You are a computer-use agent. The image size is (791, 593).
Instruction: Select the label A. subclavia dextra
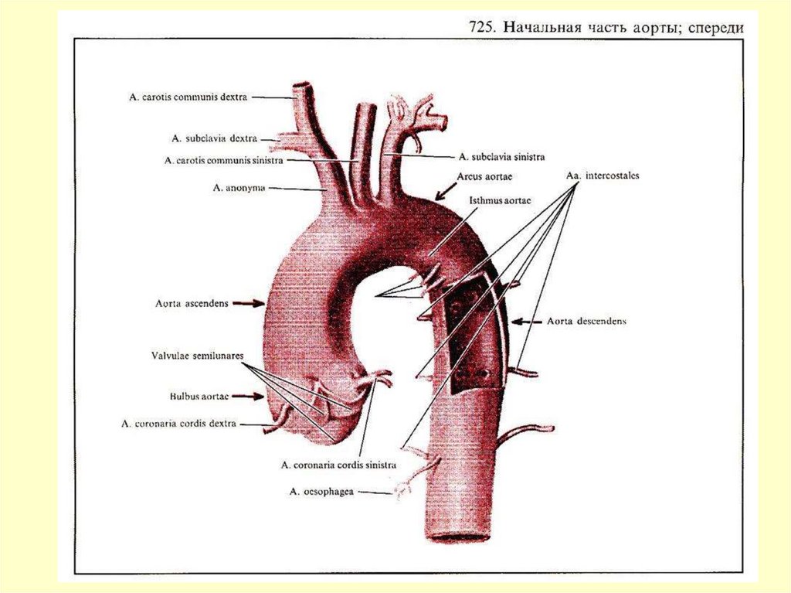pos(215,139)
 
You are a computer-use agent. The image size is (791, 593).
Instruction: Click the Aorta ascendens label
pos(191,304)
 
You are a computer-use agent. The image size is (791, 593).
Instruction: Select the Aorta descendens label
pos(586,321)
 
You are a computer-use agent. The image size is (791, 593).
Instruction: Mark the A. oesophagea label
pos(321,490)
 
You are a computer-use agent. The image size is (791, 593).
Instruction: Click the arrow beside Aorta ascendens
pos(247,304)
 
